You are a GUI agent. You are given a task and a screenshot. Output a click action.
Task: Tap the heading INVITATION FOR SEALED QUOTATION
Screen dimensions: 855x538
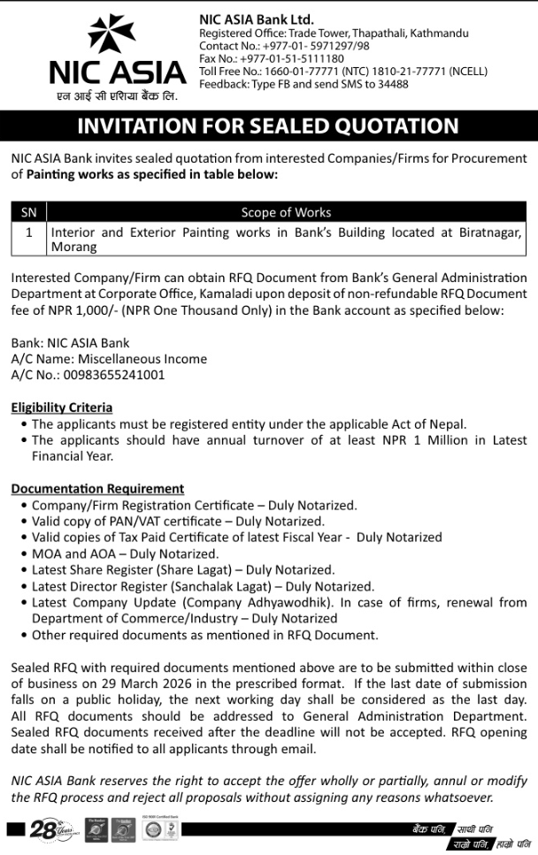268,126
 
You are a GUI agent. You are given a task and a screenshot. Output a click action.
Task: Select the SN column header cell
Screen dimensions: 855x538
28,212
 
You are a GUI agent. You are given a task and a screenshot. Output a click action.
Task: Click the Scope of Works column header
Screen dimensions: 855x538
286,212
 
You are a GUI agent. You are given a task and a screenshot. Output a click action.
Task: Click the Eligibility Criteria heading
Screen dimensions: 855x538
61,408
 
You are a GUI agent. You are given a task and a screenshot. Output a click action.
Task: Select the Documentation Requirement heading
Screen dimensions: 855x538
97,488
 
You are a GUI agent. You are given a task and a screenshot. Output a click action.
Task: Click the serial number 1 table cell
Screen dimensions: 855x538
28,233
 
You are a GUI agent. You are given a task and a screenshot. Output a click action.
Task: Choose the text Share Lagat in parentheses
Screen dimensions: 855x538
204,569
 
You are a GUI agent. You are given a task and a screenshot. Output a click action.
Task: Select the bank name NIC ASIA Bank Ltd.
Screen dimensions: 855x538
257,19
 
